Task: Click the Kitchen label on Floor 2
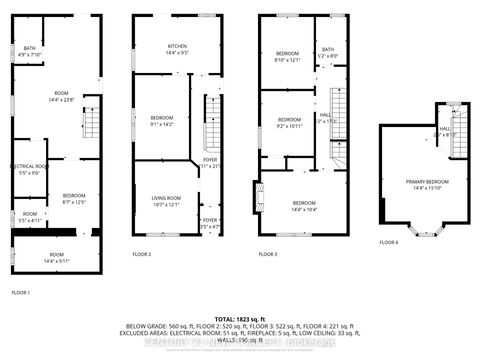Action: click(x=176, y=48)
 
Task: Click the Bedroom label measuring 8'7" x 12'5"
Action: click(x=74, y=198)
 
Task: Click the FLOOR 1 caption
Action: click(x=20, y=291)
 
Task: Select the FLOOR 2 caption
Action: click(x=142, y=255)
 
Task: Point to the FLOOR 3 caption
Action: click(x=267, y=255)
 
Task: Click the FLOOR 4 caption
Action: click(x=388, y=242)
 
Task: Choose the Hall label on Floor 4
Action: click(x=444, y=131)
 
